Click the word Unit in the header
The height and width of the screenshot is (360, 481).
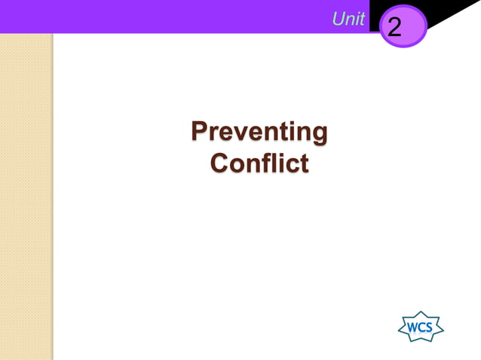tap(348, 20)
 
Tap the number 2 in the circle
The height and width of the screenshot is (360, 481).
tap(394, 29)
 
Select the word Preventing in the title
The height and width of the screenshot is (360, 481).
tap(259, 132)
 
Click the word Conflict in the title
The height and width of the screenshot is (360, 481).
tap(259, 163)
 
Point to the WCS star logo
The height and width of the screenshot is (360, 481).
tap(420, 327)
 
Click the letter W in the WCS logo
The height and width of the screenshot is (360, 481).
tap(412, 328)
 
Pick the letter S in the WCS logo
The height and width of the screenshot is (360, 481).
tap(429, 328)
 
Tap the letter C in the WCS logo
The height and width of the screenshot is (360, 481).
tap(421, 328)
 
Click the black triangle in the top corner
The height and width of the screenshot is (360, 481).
tap(452, 12)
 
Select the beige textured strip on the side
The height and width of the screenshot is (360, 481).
tap(26, 196)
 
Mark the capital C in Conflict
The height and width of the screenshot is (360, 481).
tap(219, 163)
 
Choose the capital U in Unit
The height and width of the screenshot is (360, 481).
tap(339, 20)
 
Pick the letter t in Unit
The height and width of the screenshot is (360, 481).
tap(361, 20)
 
